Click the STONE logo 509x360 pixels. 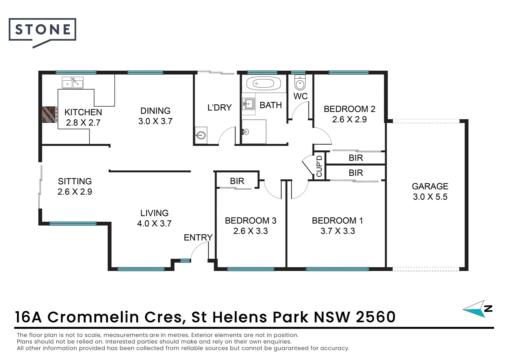[x=43, y=30]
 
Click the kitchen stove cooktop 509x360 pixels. [x=49, y=115]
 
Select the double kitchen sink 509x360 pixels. [x=73, y=83]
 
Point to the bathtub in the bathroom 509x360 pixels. [x=263, y=83]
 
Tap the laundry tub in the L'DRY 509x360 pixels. [x=201, y=135]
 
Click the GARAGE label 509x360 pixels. [x=430, y=186]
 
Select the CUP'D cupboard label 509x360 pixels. [x=319, y=166]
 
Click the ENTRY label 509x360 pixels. [x=198, y=237]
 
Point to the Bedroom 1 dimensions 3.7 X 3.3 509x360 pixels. [x=337, y=231]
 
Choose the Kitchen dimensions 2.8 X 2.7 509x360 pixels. [x=83, y=123]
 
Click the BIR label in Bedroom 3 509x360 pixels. [x=237, y=181]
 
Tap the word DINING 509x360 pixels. [x=155, y=111]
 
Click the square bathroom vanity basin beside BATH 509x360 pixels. [x=248, y=104]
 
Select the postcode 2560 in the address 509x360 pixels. [x=375, y=317]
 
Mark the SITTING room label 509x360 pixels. [x=75, y=181]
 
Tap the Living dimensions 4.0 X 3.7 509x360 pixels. [x=154, y=223]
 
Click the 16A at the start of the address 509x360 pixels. [x=28, y=317]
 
